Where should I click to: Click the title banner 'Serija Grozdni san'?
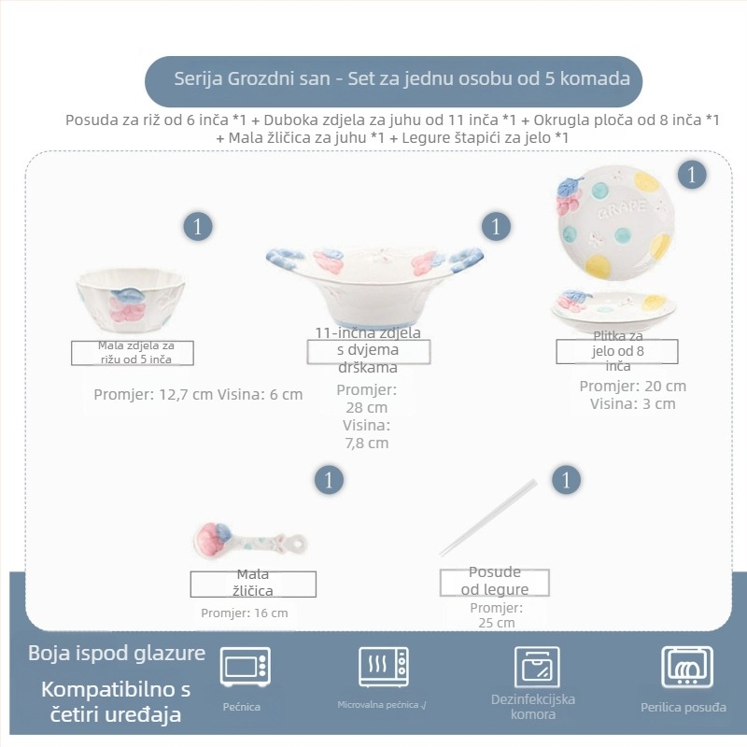(x=393, y=81)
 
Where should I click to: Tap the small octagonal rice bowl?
(x=131, y=300)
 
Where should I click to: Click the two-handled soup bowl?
(x=374, y=286)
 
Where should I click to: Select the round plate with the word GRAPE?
(x=615, y=223)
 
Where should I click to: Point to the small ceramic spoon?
(x=250, y=542)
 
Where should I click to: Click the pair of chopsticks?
(x=487, y=518)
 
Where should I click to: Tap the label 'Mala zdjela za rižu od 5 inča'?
(x=133, y=353)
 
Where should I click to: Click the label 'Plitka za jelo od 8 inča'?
(x=617, y=351)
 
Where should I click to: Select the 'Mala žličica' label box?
(x=253, y=585)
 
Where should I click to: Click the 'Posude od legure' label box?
(x=495, y=582)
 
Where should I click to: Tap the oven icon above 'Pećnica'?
(x=246, y=667)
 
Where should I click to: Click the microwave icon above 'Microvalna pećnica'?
(x=384, y=667)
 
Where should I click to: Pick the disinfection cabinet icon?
(x=537, y=667)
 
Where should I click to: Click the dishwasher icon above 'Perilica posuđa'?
(x=687, y=667)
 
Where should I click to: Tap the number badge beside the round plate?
(x=692, y=175)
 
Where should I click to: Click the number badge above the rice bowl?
(x=198, y=227)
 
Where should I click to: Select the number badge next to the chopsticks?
(x=566, y=480)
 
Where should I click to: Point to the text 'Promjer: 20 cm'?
(x=633, y=386)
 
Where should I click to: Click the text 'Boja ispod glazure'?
(x=117, y=653)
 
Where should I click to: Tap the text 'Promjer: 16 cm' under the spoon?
(x=245, y=613)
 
